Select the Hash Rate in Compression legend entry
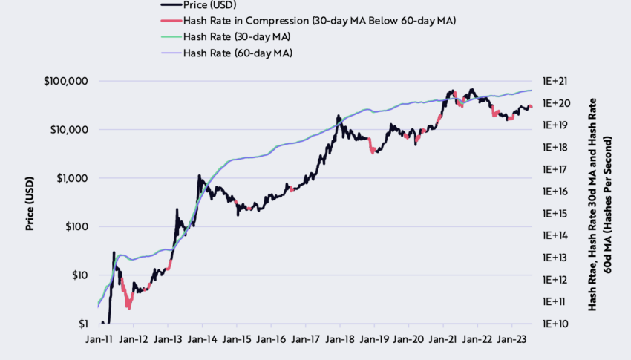(x=319, y=21)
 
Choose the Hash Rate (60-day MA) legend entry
(x=238, y=53)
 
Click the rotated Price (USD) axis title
(x=30, y=202)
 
